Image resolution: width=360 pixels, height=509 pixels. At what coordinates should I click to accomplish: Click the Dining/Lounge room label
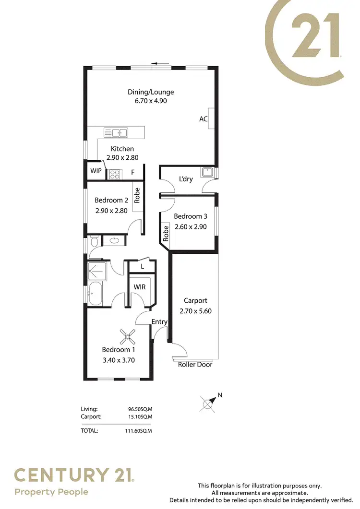[x=151, y=92]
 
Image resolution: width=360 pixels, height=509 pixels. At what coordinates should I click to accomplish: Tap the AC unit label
[x=204, y=118]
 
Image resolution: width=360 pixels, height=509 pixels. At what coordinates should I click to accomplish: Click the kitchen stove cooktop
[x=115, y=174]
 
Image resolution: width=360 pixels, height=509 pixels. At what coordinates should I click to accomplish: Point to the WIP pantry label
[x=96, y=171]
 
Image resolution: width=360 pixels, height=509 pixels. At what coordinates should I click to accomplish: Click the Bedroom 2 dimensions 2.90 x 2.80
[x=111, y=210]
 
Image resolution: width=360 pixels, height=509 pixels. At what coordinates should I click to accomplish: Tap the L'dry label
[x=186, y=179]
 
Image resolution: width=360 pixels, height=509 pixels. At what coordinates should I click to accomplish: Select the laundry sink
[x=208, y=172]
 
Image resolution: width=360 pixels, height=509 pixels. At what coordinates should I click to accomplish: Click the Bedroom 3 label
[x=190, y=216]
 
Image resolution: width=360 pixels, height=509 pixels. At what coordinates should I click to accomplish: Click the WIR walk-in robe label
[x=140, y=287]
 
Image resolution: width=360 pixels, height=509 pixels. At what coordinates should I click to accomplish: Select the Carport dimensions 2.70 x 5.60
[x=195, y=311]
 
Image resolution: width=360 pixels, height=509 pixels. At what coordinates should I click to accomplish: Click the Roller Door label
[x=195, y=365]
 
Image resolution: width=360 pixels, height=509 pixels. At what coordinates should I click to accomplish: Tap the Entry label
[x=159, y=322]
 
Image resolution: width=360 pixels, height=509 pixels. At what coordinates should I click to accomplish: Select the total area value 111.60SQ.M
[x=138, y=431]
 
